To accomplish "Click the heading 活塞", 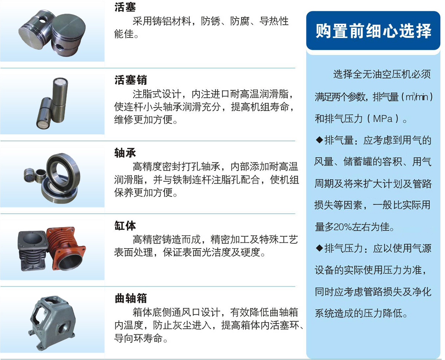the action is (125, 7).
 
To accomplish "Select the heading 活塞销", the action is (131, 80).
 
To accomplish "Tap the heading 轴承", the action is (125, 153).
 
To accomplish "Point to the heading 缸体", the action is (125, 226).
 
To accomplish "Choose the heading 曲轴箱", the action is (131, 298).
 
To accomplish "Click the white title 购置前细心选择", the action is (373, 31).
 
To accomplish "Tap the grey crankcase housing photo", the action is (52, 323).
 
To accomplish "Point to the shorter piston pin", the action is (44, 113).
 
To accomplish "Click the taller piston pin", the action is (59, 100).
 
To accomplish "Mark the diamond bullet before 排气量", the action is (319, 140).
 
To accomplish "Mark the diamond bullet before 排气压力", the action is (319, 248).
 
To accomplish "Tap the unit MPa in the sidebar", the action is (383, 119).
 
